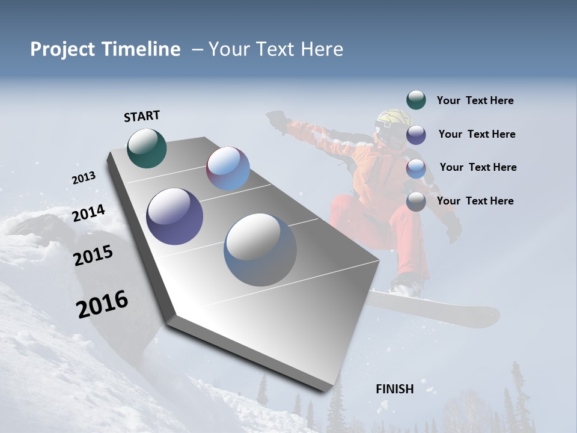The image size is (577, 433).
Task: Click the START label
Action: coord(142,116)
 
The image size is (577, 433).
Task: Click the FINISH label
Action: coord(395,389)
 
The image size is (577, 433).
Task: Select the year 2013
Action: coord(84,178)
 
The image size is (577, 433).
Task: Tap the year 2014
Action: coord(89,213)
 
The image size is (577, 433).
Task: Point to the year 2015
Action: coord(93,256)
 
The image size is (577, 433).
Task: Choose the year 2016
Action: coord(102,304)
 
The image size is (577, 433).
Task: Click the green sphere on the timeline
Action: coord(147,148)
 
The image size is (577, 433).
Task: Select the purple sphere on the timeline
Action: coord(175,216)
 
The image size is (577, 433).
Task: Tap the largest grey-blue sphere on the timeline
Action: coord(260,250)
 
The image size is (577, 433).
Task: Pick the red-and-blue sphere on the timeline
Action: coord(228,169)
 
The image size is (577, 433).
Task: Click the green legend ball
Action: coord(416,100)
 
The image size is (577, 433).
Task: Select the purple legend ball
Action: coord(416,135)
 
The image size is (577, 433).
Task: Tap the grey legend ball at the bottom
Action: coord(416,202)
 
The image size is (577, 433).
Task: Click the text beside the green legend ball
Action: coord(475,101)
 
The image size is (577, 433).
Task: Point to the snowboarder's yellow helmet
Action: coord(392,120)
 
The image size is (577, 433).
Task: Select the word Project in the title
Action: coord(60,49)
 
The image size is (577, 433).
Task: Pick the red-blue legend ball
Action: coord(416,168)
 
